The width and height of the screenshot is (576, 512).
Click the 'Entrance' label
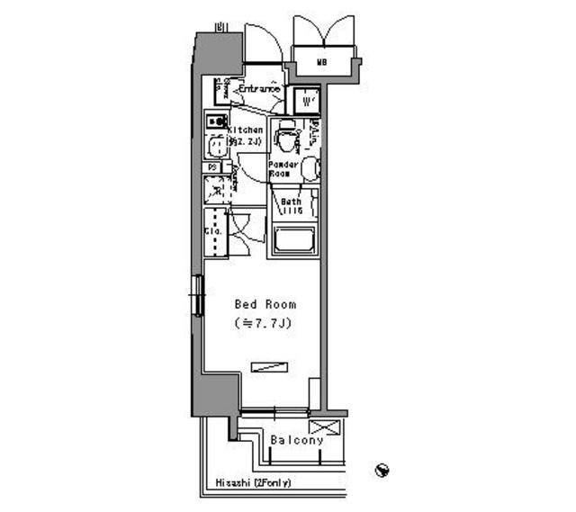[x=259, y=89]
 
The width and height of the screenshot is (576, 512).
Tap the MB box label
[x=321, y=62]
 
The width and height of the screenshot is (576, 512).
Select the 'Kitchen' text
[x=245, y=130]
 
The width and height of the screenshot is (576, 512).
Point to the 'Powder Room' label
[x=283, y=168]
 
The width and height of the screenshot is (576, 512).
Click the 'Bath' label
[x=290, y=202]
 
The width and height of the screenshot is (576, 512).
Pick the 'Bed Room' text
[x=265, y=304]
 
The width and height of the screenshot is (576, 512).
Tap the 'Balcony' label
[x=296, y=440]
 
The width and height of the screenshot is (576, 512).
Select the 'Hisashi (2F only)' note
[x=253, y=483]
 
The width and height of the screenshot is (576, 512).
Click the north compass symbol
[x=382, y=469]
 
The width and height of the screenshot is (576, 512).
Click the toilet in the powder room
[x=287, y=137]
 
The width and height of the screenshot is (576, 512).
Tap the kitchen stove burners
[x=216, y=120]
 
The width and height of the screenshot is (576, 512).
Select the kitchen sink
[x=215, y=147]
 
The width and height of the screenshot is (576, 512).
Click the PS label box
[x=213, y=167]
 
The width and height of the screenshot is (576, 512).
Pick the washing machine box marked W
[x=306, y=98]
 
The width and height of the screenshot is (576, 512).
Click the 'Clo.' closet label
[x=213, y=231]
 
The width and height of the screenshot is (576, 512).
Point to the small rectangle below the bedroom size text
[x=269, y=365]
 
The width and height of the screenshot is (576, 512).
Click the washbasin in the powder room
[x=309, y=168]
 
